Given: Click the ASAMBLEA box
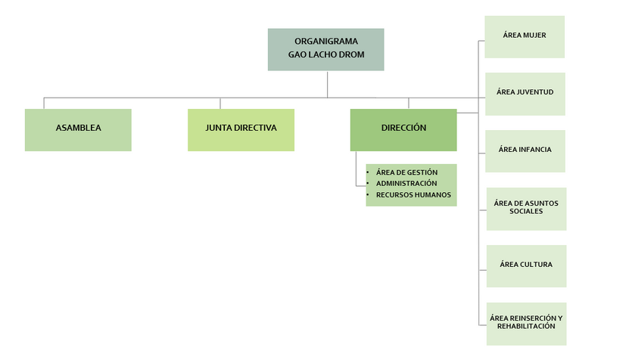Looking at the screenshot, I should (78, 129).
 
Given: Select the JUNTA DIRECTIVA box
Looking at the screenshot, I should (241, 129).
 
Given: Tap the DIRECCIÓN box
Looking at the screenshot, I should (403, 129).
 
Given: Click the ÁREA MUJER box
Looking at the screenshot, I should (525, 36).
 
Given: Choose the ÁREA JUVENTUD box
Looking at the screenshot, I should (525, 94).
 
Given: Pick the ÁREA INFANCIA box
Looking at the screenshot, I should (525, 151).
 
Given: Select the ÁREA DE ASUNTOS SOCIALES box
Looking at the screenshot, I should (526, 208).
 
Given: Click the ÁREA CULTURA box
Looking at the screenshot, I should (526, 265).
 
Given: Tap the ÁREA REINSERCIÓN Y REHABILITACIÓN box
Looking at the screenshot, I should (526, 323).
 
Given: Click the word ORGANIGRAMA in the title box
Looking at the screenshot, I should (326, 42).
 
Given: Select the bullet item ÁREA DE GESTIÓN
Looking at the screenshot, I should (406, 172).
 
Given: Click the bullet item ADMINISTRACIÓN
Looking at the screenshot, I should (406, 184).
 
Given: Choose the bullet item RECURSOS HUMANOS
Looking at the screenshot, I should (413, 195).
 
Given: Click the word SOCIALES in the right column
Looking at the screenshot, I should (526, 213).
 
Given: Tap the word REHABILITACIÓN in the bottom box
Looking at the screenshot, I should (526, 327).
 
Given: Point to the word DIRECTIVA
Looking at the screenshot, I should (257, 129).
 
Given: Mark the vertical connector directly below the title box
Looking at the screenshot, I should (328, 84).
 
